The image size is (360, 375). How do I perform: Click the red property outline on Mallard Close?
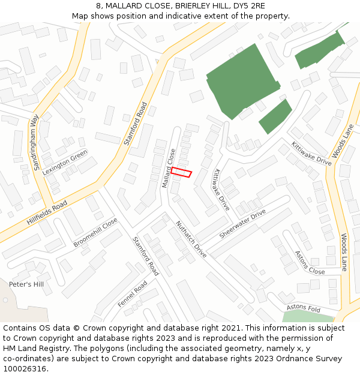pyautogui.click(x=181, y=172)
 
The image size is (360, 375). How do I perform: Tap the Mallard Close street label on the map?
pyautogui.click(x=169, y=169)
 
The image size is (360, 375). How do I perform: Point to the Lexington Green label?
pyautogui.click(x=65, y=162)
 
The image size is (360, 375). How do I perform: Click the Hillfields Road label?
pyautogui.click(x=47, y=213)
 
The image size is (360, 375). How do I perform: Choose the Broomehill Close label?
pyautogui.click(x=95, y=232)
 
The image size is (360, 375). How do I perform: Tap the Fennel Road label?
pyautogui.click(x=132, y=294)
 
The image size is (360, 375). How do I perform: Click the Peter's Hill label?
pyautogui.click(x=26, y=284)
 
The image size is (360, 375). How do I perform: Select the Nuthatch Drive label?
pyautogui.click(x=191, y=239)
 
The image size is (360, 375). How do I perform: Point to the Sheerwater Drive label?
pyautogui.click(x=242, y=224)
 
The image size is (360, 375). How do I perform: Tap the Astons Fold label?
pyautogui.click(x=304, y=308)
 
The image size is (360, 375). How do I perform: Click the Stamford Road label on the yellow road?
pyautogui.click(x=135, y=124)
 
